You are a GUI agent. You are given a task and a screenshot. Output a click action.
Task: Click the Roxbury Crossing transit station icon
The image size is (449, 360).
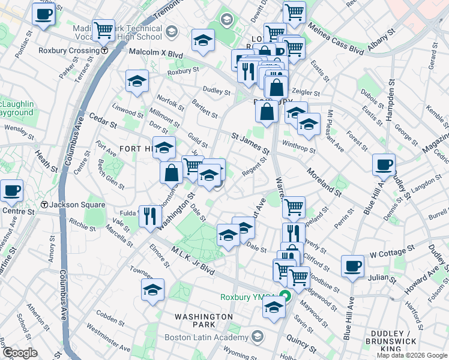[104, 50]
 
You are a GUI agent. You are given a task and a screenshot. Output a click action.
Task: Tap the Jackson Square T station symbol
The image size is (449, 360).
[44, 205]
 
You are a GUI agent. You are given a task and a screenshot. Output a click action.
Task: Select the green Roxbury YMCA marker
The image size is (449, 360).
[288, 296]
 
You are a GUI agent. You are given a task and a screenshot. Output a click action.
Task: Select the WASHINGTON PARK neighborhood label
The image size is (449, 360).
[203, 316]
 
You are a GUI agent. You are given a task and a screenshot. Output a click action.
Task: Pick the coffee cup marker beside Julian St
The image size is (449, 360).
[353, 266]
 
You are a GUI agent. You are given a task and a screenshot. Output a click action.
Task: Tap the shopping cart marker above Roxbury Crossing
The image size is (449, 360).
[103, 29]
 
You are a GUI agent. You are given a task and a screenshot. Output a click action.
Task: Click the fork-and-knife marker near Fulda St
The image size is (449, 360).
[150, 215]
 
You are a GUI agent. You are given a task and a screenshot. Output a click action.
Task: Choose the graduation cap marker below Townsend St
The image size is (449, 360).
[153, 290]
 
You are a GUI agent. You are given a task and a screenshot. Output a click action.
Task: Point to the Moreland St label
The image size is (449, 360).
[324, 182]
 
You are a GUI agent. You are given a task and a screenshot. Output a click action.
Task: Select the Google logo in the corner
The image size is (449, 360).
[19, 353]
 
